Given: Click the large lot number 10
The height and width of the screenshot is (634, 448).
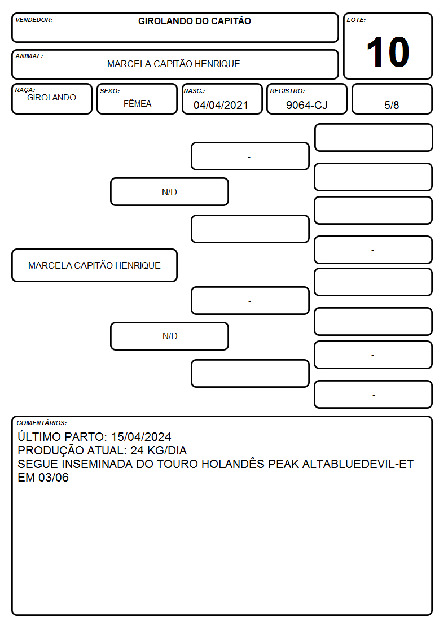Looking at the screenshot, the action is (x=388, y=52).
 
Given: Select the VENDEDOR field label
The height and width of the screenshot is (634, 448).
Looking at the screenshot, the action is (x=34, y=20).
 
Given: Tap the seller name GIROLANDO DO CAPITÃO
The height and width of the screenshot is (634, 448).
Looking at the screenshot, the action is (x=194, y=21).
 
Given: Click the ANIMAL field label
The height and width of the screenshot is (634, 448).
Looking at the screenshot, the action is (x=29, y=56).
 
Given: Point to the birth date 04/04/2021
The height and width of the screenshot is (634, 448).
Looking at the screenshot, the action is (x=221, y=105).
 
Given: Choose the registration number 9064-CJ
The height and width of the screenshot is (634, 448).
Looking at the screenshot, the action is (x=306, y=105).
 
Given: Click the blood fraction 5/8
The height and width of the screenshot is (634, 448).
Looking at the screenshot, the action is (x=392, y=105).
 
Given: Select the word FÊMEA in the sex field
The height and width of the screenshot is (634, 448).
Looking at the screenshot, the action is (x=137, y=103).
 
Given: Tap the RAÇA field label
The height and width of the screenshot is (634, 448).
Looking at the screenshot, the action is (x=25, y=90).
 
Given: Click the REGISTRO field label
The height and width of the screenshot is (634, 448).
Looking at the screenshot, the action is (x=287, y=91).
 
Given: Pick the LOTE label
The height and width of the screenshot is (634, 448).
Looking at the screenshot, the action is (x=356, y=20).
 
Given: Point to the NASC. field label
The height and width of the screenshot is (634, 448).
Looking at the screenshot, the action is (x=194, y=91).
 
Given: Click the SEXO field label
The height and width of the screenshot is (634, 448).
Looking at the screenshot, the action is (x=110, y=91).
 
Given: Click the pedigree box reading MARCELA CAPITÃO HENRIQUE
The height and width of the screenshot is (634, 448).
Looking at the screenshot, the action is (x=95, y=265).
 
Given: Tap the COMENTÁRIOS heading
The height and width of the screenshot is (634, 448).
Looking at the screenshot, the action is (x=42, y=423).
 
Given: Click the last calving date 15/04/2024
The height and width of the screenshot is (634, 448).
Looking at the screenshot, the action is (x=141, y=436).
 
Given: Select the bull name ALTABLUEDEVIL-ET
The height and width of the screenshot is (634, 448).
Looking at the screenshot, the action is (x=358, y=464).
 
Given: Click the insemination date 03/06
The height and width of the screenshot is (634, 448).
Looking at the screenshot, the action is (x=54, y=478).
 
